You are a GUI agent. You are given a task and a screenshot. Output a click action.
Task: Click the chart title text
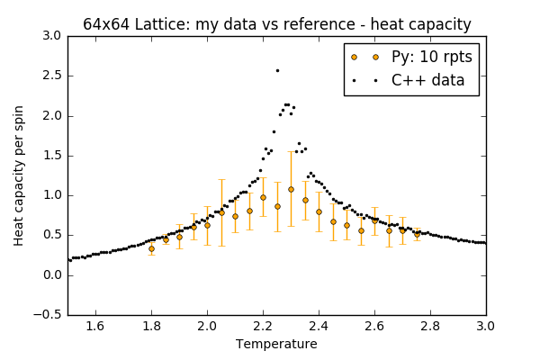coord(277,24)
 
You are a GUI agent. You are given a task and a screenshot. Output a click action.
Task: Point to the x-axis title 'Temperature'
coord(276,344)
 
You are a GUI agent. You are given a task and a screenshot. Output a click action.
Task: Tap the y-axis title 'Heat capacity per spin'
coord(19,175)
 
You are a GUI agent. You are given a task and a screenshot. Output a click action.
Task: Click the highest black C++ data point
coord(277,70)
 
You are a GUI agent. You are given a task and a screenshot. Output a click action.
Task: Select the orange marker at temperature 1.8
coord(151,248)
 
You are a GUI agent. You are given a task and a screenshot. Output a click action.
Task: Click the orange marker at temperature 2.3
coord(291,189)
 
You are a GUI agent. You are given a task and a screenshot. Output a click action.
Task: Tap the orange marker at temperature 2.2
coord(263,197)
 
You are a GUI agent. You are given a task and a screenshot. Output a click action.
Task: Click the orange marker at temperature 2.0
coord(207,225)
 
